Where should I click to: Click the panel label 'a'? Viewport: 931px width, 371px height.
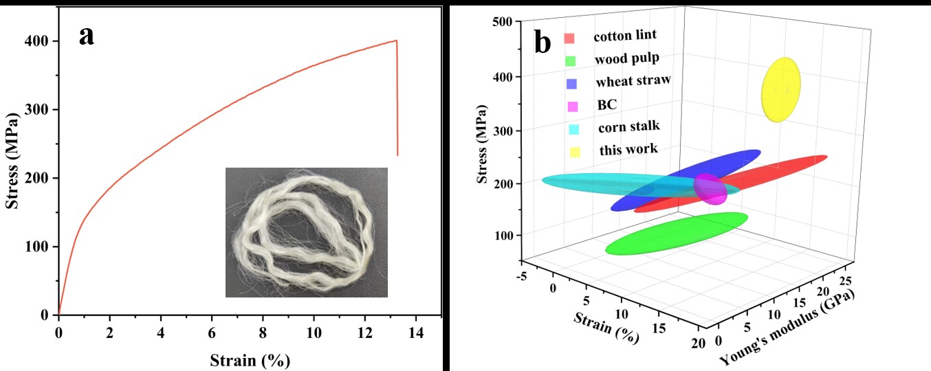[87, 35]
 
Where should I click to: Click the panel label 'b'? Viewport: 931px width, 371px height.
[543, 44]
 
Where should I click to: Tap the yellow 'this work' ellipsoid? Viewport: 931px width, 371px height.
[781, 89]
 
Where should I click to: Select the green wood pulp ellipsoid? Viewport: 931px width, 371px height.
[676, 234]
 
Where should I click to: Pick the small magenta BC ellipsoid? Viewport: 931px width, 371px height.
[711, 188]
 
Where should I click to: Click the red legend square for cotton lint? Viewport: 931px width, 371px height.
[569, 37]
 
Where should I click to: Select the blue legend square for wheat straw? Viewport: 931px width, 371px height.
[569, 82]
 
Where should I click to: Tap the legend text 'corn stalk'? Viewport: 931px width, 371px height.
[628, 126]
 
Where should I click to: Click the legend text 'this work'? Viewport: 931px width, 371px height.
[628, 148]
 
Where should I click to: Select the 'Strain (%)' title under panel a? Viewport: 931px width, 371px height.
[250, 359]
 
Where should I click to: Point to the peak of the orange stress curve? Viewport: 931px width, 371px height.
[396, 41]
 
